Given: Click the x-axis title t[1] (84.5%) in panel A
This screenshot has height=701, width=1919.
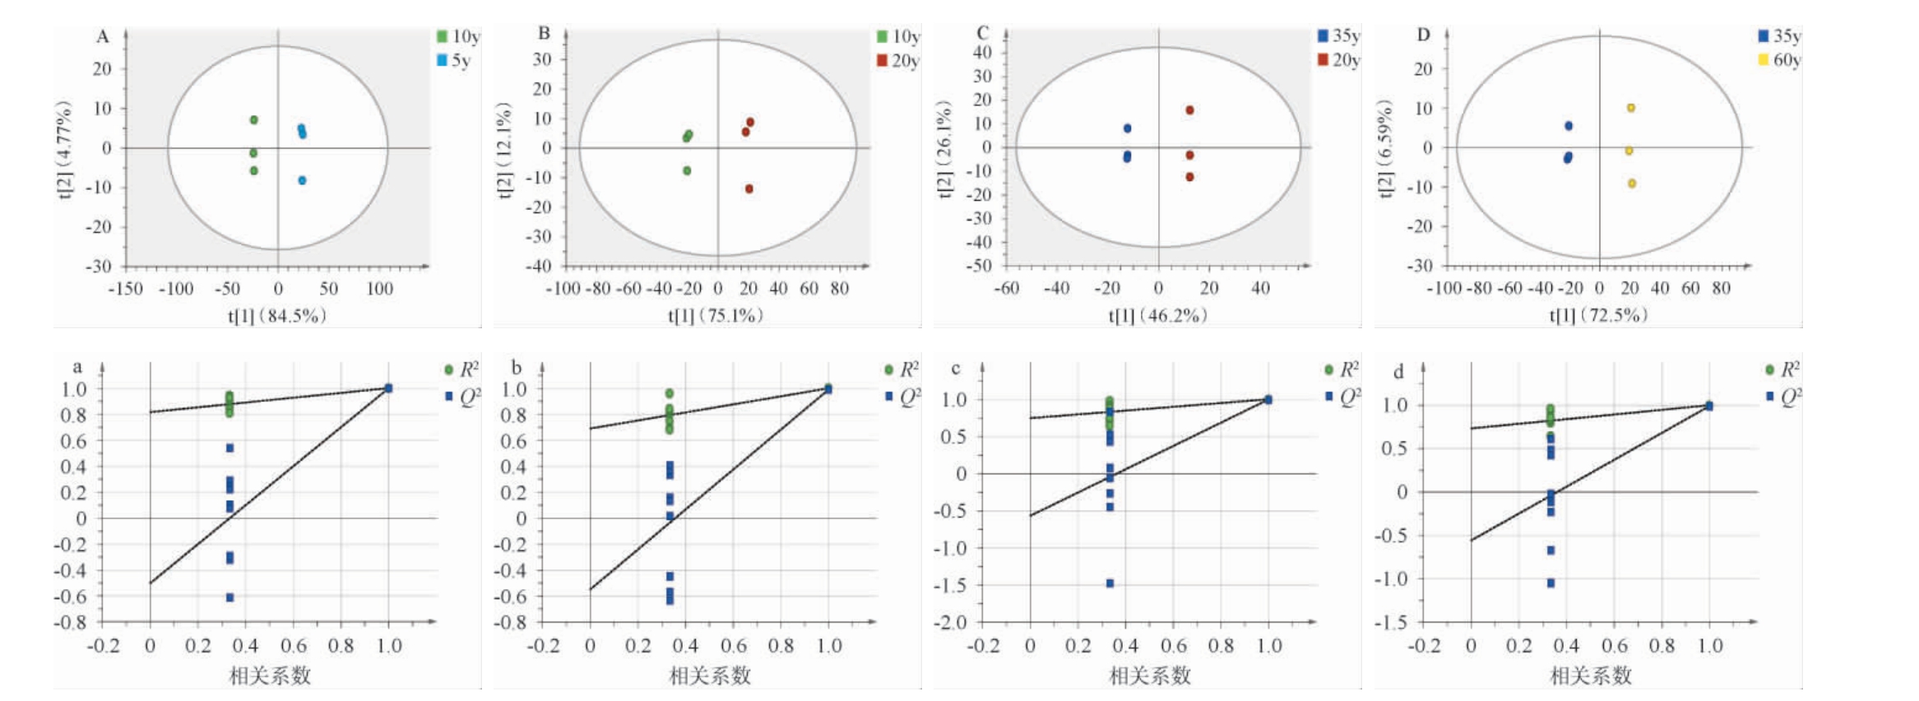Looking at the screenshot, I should (277, 315).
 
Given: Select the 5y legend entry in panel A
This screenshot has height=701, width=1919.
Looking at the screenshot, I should (453, 60).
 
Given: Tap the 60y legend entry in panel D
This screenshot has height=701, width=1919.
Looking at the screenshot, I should (1778, 60).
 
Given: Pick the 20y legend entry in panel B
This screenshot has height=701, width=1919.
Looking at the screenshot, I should (897, 61).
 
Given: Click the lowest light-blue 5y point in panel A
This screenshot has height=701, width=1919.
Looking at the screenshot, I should (302, 180).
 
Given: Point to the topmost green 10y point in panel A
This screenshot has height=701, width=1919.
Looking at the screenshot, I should (254, 120).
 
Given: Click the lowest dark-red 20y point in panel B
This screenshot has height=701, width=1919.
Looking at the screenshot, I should (749, 189).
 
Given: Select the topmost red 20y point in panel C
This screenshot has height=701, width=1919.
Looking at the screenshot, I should (1189, 110).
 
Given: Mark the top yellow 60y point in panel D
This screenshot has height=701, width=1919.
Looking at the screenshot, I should (1630, 108).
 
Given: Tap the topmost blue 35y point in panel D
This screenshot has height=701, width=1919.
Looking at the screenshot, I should (1569, 126).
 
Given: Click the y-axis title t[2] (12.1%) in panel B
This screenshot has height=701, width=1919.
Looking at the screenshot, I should (504, 150).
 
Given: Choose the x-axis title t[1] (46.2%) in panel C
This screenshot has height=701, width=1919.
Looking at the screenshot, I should (1157, 315).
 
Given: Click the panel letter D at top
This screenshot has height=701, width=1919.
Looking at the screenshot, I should (1423, 35).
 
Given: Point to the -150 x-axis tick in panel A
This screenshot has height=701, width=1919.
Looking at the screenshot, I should (125, 289).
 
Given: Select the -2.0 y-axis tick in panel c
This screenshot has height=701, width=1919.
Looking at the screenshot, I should (949, 623).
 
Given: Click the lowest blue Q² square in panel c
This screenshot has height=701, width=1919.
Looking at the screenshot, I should (1110, 583).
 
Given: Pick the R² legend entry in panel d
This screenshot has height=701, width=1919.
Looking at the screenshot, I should (1782, 369).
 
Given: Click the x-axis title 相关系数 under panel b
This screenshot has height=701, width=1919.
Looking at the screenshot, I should (710, 675).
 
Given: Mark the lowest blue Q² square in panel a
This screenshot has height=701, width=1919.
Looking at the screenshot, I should (229, 597).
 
